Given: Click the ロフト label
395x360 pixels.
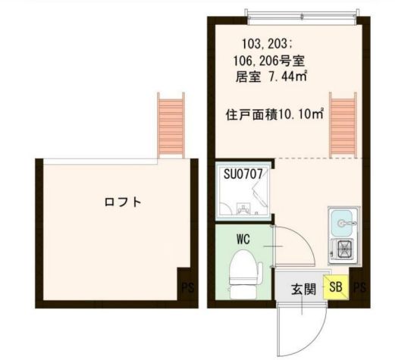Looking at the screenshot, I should click(124, 202).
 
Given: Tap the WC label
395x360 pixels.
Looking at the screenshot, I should click(243, 239).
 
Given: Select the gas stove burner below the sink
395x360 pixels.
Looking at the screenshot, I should click(344, 248).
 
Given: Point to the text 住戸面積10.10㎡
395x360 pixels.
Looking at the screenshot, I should click(274, 114).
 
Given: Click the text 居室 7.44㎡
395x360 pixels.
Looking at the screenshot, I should click(271, 76).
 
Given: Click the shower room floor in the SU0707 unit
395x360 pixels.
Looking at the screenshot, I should click(243, 199).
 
